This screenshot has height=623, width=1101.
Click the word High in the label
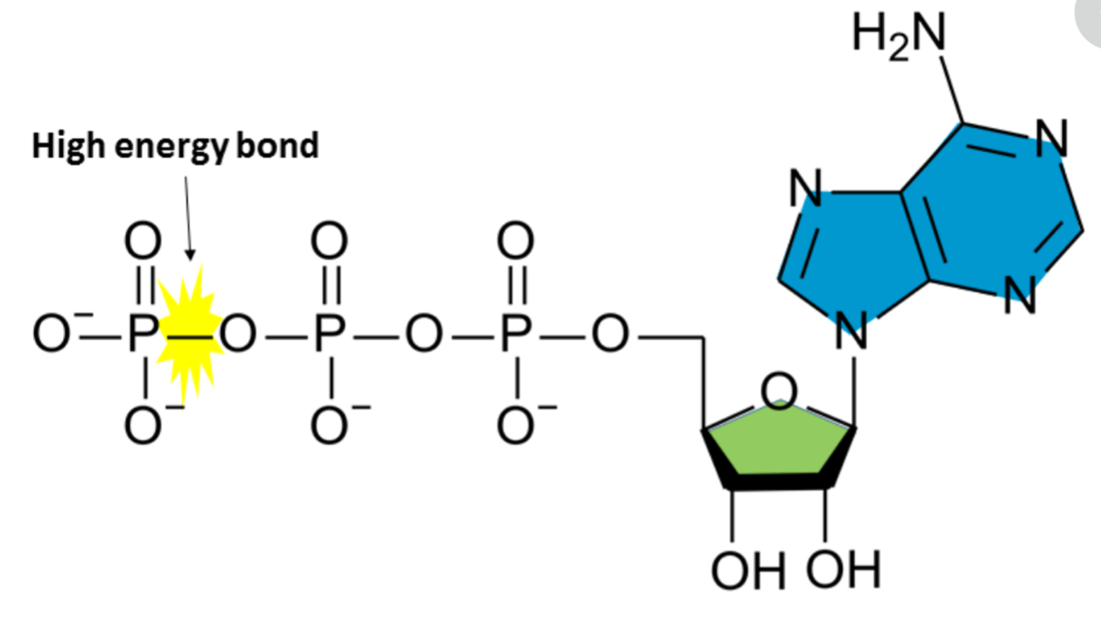[69, 147]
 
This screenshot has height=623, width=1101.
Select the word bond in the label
[278, 146]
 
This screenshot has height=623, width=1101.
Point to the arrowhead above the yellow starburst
[191, 254]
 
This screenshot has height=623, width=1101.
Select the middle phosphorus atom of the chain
[330, 334]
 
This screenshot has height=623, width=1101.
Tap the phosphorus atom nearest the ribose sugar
[515, 334]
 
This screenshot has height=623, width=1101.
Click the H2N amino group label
[899, 36]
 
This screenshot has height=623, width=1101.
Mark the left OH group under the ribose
[748, 571]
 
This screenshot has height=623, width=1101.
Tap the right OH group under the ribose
[843, 570]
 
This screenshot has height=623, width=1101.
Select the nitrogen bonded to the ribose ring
[852, 331]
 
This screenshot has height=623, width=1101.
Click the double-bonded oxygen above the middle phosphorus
[330, 241]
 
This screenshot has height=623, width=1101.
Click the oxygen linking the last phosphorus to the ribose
[610, 334]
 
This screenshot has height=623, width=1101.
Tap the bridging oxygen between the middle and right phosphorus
[423, 334]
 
